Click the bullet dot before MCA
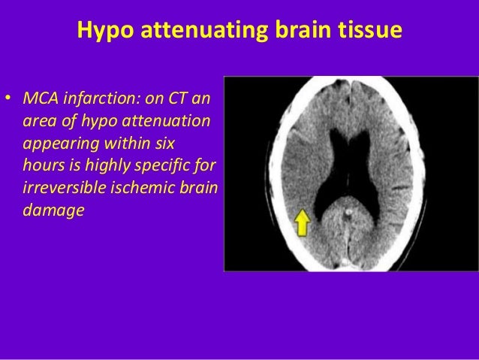point(9,98)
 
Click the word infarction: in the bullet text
point(101,98)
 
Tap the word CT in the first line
point(181,98)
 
